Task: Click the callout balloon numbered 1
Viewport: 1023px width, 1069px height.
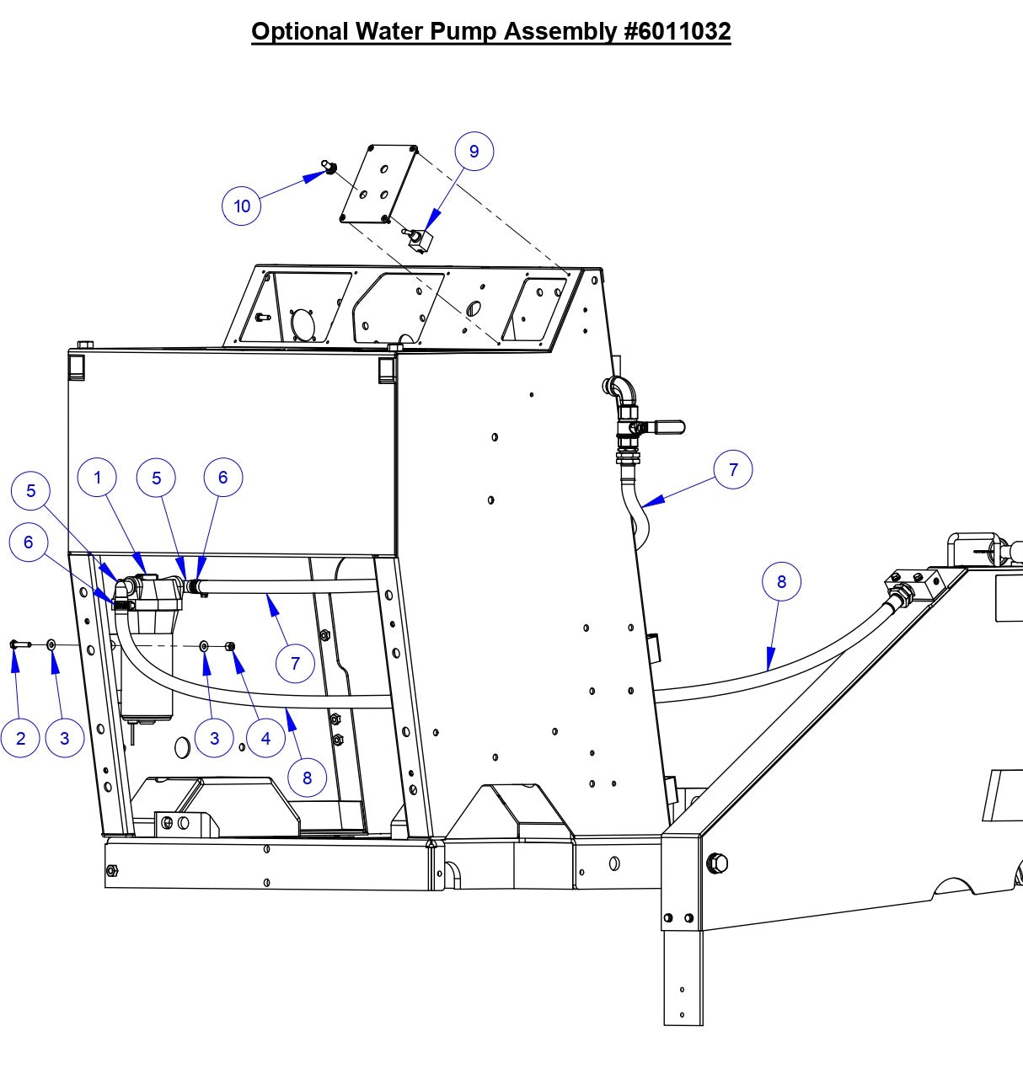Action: click(97, 478)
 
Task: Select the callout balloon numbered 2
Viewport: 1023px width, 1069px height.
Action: click(20, 738)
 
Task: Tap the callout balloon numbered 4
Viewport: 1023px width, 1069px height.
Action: click(265, 738)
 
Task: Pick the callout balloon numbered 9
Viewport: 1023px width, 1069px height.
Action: click(474, 151)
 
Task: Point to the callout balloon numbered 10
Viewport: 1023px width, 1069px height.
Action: click(242, 206)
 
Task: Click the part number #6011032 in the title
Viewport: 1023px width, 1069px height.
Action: click(677, 31)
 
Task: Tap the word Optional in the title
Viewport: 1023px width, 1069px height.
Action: click(299, 31)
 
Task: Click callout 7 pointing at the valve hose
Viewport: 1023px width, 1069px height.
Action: click(732, 469)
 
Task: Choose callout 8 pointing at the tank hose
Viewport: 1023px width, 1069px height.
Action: click(781, 581)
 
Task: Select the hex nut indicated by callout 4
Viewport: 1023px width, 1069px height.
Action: click(230, 646)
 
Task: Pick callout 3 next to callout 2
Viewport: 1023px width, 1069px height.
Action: click(64, 738)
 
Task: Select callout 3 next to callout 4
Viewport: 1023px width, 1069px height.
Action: click(214, 738)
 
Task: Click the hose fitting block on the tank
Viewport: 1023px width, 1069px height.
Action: click(913, 583)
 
